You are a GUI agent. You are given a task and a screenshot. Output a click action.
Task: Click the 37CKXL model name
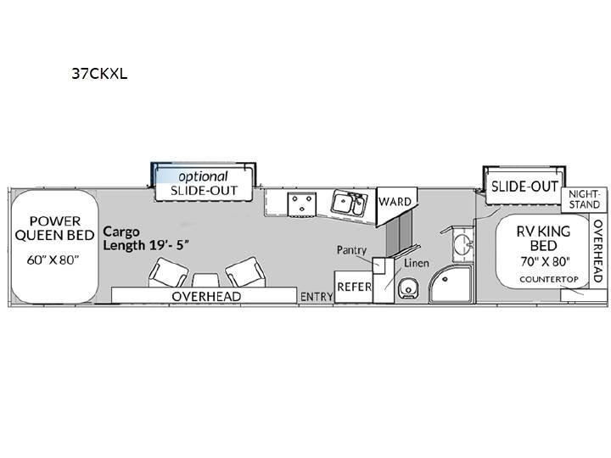tap(99, 73)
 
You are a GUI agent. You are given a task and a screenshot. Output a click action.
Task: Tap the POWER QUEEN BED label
tap(54, 228)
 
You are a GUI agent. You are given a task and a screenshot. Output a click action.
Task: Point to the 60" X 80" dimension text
tap(53, 260)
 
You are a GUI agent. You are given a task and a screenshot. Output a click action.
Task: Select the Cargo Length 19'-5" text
tap(146, 238)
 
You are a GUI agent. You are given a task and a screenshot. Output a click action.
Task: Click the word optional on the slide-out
tap(203, 176)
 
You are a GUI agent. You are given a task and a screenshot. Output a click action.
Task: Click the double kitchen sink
tap(349, 203)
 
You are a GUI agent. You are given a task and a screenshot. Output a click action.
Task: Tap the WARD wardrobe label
tap(395, 201)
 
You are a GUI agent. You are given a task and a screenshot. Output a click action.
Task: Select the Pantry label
tap(351, 250)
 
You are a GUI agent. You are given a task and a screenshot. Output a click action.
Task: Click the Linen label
tap(417, 263)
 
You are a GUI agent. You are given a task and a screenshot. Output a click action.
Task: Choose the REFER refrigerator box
tap(354, 287)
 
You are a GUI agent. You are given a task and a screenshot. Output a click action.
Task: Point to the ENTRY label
tap(317, 297)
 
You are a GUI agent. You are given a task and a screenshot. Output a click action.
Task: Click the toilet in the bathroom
tap(408, 288)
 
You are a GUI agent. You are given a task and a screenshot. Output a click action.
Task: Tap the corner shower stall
tap(451, 284)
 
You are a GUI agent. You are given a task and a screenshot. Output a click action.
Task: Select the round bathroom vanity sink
tap(463, 243)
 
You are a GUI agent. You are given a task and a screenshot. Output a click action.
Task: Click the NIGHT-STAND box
tap(584, 199)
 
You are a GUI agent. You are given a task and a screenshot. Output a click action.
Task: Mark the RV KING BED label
tap(544, 238)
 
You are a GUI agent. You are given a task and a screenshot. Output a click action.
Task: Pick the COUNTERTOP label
tap(549, 279)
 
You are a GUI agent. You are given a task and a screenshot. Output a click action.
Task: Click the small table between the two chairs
tap(206, 281)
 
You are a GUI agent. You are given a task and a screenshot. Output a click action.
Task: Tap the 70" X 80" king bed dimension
tap(545, 261)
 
